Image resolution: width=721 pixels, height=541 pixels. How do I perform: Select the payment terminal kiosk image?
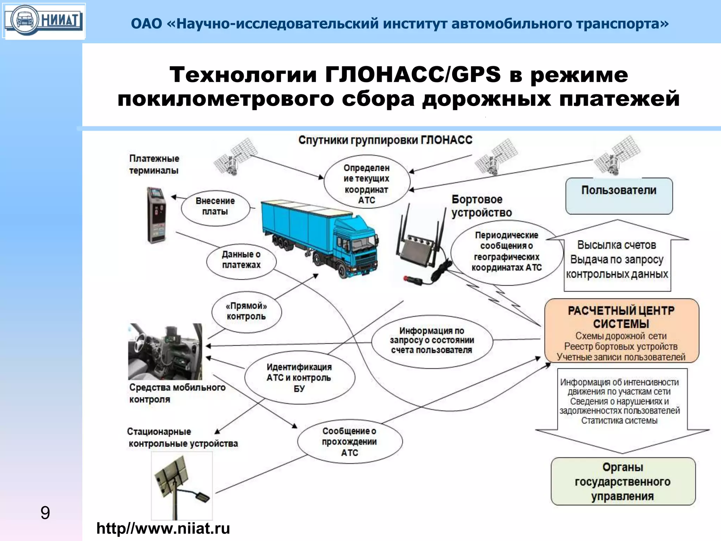coord(156,215)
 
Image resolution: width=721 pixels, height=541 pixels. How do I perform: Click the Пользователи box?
coord(619,196)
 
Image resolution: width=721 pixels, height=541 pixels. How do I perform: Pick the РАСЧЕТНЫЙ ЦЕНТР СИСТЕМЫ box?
coord(621,330)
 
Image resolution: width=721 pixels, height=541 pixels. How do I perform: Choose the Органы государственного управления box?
coord(623,481)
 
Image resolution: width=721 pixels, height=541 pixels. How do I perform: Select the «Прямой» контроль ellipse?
coord(246,312)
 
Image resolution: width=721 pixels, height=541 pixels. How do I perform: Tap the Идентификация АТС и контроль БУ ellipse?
coord(299,378)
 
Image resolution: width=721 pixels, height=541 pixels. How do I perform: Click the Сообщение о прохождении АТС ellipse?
coord(350,442)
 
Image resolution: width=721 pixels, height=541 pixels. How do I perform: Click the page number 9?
coord(45,512)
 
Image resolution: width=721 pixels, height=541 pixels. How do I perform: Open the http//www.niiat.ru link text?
coord(163,529)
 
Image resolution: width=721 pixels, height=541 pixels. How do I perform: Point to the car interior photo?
coord(165,351)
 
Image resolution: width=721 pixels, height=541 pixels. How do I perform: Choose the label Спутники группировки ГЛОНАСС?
coord(385,140)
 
